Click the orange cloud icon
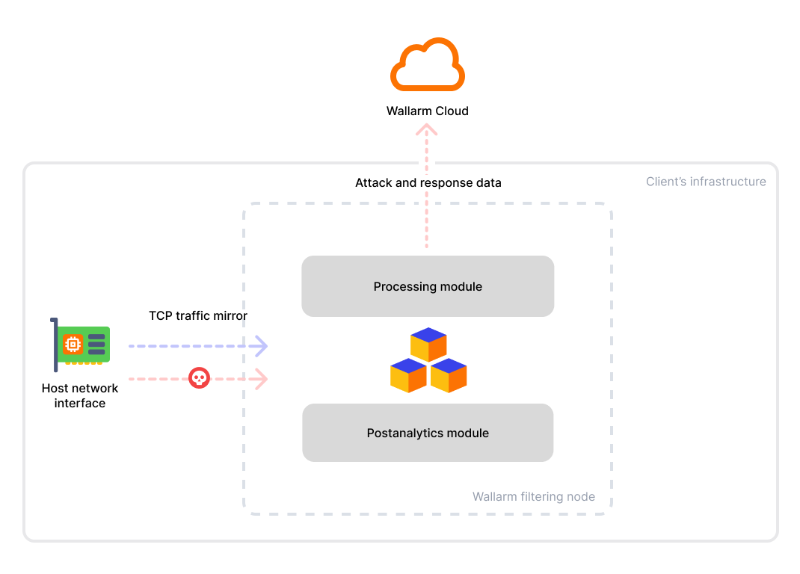428,65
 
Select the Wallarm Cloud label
428,111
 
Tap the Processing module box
428,286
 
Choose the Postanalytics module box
428,433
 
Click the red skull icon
199,378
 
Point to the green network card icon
82,345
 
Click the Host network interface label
80,396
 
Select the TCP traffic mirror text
198,316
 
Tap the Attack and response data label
428,183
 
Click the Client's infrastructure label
706,182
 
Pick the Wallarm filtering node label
534,496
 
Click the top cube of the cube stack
428,345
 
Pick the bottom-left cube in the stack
408,375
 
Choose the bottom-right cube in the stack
449,375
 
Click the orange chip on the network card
73,344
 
